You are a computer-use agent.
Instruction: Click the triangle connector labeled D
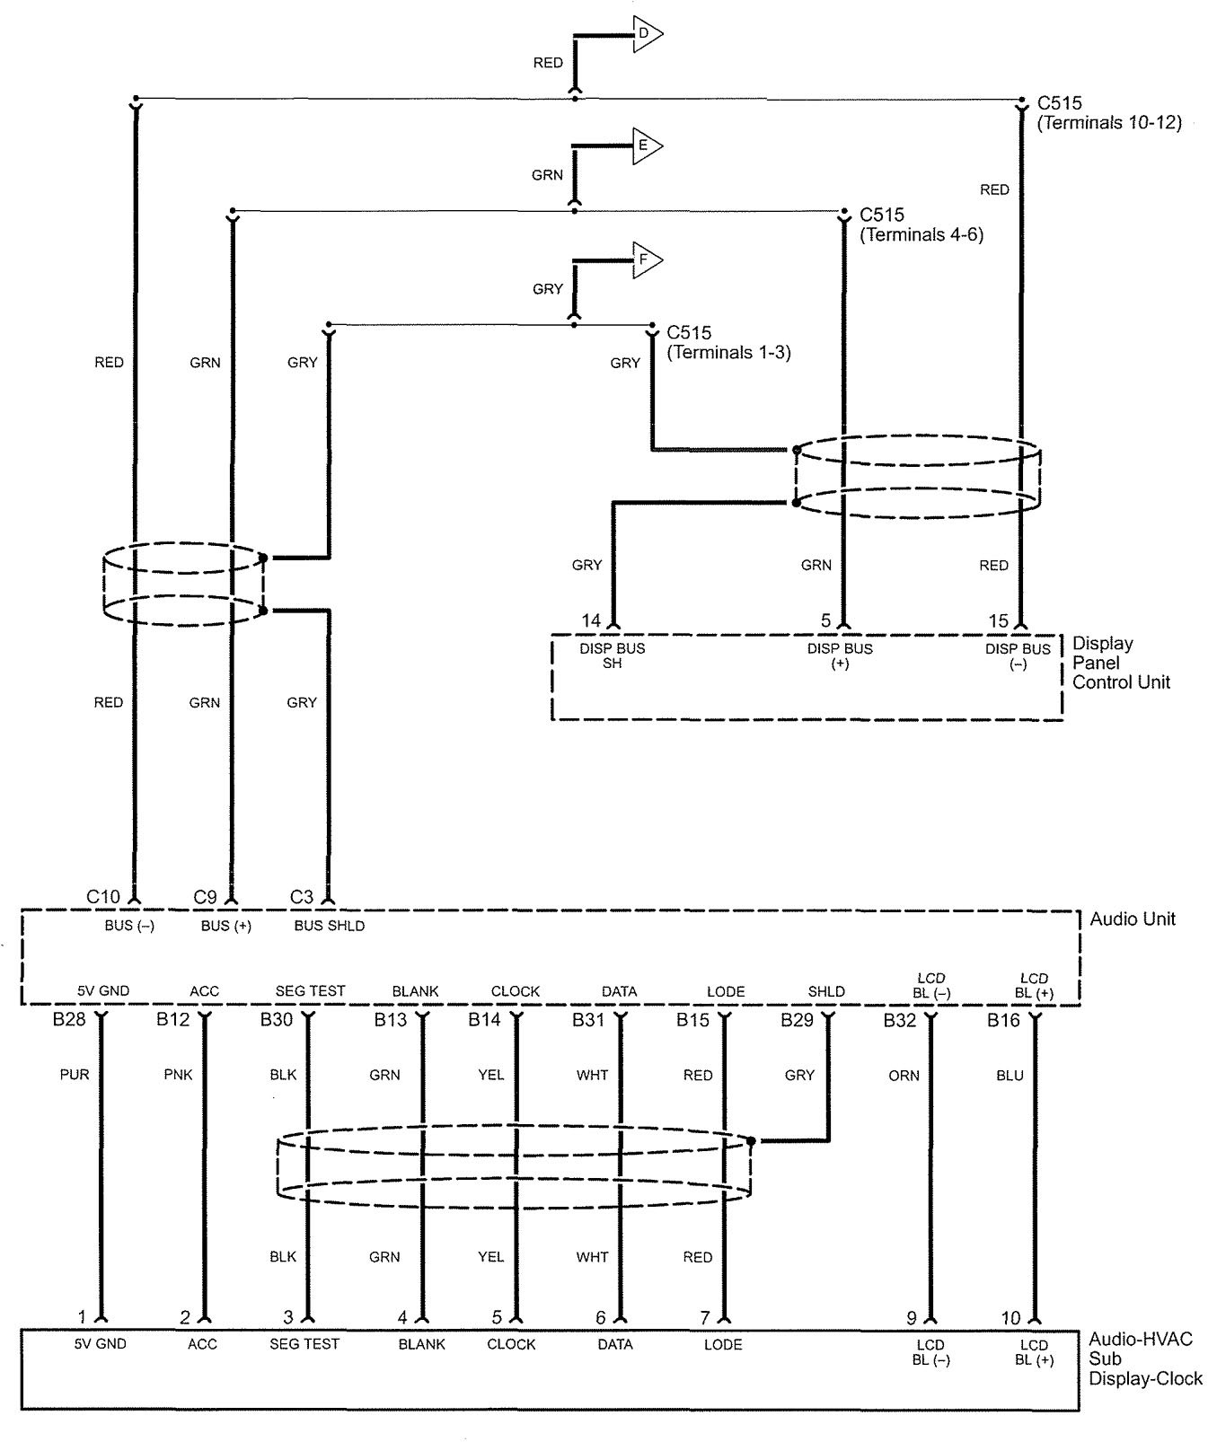[646, 34]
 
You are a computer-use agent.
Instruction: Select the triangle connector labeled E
[646, 146]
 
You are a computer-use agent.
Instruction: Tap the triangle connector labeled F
[646, 260]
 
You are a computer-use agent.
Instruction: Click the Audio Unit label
[1132, 919]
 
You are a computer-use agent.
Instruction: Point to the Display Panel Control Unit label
[1121, 663]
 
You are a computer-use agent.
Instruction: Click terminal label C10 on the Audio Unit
[103, 896]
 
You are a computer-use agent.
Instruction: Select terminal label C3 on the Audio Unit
[302, 896]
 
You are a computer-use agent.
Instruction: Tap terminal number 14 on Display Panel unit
[591, 620]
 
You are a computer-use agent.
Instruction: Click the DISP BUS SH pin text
[613, 655]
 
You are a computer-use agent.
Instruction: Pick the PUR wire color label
[75, 1075]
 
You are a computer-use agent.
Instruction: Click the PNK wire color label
[178, 1075]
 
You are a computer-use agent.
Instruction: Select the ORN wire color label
[904, 1075]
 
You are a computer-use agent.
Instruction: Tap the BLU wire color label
[1010, 1075]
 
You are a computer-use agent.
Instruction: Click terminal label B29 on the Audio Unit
[797, 1020]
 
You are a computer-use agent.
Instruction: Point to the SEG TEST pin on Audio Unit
[310, 991]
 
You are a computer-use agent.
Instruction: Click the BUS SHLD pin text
[330, 926]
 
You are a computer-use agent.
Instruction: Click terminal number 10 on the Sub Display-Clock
[1011, 1318]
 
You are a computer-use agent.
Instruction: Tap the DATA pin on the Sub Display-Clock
[615, 1344]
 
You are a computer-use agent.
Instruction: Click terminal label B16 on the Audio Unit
[1003, 1020]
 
